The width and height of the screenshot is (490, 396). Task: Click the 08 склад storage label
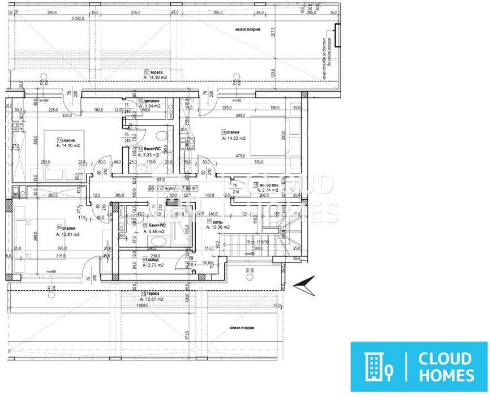pos(153,260)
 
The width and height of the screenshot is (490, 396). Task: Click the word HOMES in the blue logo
pos(446,375)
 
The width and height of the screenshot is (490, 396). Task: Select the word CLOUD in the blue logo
pos(445,358)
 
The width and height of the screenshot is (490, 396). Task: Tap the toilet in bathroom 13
pos(162,136)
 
